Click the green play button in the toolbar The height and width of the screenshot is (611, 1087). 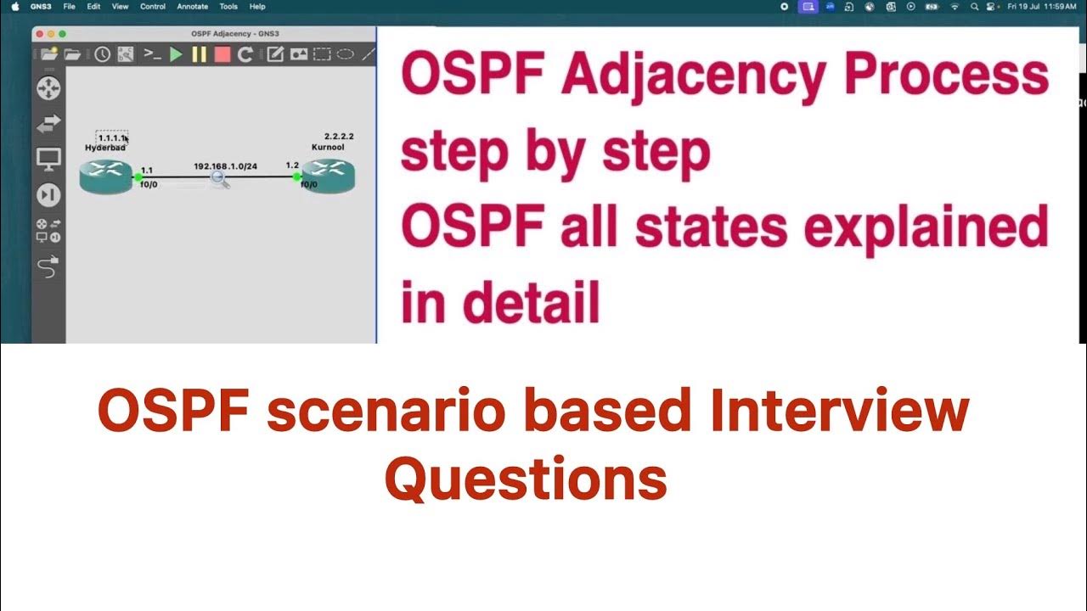click(x=176, y=54)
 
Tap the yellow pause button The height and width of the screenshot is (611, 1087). click(x=199, y=54)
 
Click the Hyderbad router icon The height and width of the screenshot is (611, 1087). click(x=106, y=177)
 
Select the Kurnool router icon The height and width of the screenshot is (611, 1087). click(x=328, y=177)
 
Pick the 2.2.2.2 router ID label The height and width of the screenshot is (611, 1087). click(x=339, y=136)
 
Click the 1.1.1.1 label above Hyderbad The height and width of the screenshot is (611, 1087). click(x=111, y=137)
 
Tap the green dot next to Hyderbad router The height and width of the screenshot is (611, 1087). click(x=138, y=177)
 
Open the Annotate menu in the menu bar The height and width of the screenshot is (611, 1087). click(x=191, y=6)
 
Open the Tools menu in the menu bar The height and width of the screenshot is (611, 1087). click(x=228, y=6)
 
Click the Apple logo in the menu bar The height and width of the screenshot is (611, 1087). click(x=15, y=6)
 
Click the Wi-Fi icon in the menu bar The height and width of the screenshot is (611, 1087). click(x=955, y=6)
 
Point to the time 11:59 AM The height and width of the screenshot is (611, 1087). click(x=1060, y=6)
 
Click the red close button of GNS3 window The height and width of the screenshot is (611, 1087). click(x=39, y=34)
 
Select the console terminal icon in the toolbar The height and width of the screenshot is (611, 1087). click(x=152, y=54)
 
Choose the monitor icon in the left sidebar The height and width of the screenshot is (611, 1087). click(x=48, y=159)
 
